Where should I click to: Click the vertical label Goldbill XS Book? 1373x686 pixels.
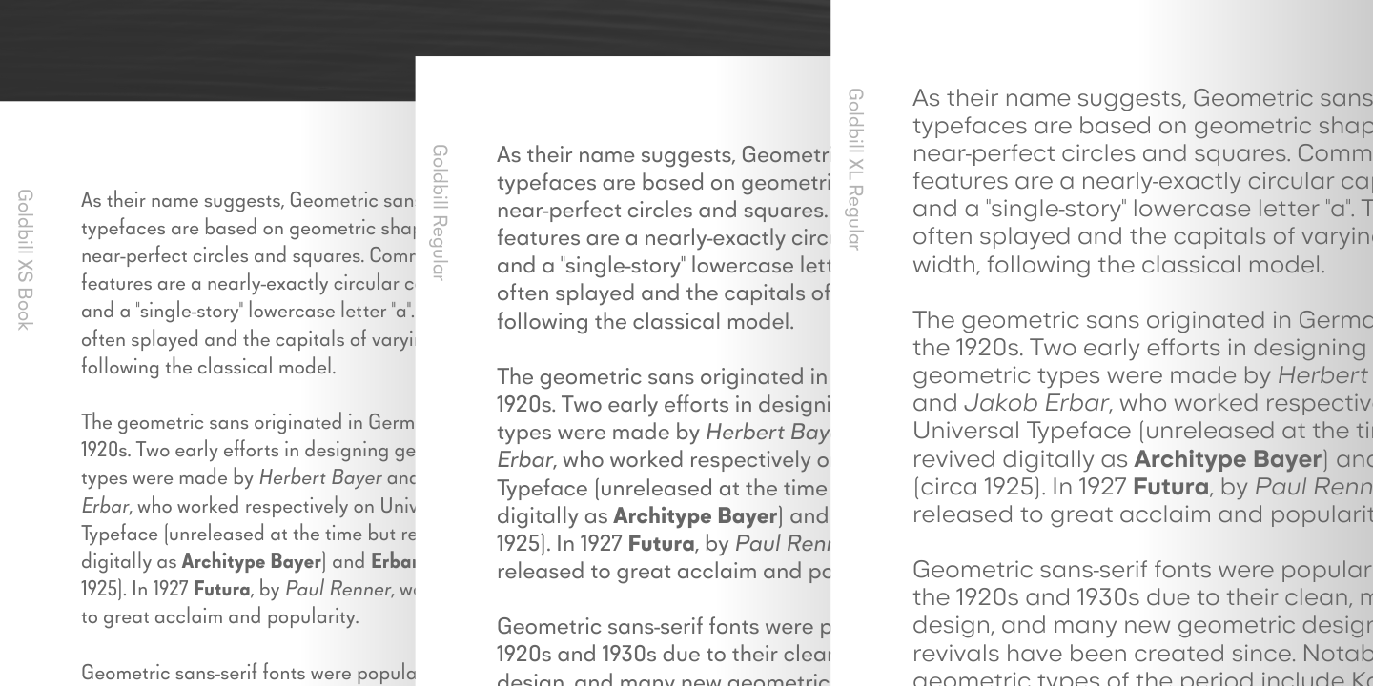click(x=25, y=259)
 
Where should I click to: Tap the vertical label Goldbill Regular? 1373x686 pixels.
click(x=440, y=212)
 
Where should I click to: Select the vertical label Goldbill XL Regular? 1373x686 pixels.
click(x=855, y=170)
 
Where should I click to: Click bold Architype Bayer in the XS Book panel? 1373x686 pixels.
click(x=252, y=561)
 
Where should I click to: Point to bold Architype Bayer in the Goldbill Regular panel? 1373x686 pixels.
click(x=695, y=516)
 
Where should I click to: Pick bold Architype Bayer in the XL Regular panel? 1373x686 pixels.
click(x=1227, y=459)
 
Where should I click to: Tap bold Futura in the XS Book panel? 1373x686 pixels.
click(x=221, y=590)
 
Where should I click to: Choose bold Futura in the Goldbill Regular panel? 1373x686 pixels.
click(x=661, y=544)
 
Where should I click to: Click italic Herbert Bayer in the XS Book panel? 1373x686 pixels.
click(x=320, y=477)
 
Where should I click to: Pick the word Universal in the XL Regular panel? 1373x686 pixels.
click(x=966, y=432)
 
